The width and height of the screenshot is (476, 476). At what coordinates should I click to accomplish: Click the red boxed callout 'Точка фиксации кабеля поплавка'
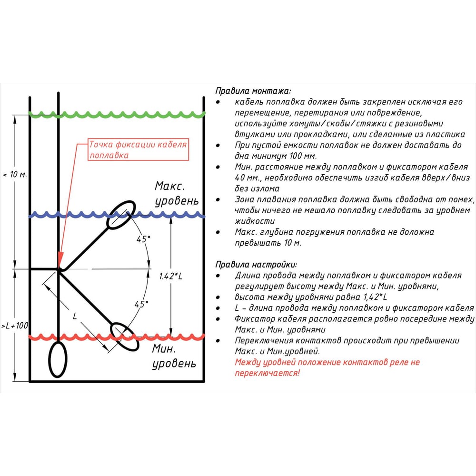[x=138, y=149]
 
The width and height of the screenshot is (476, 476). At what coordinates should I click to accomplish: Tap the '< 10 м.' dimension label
[x=15, y=175]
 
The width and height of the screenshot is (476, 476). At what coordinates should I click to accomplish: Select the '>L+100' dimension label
[x=15, y=326]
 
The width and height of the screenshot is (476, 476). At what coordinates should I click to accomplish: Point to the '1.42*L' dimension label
[x=170, y=276]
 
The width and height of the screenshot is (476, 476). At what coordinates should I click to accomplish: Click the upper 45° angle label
[x=143, y=239]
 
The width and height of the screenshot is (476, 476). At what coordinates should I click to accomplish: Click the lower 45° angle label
[x=141, y=304]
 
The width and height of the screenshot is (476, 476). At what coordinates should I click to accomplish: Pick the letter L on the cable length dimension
[x=75, y=316]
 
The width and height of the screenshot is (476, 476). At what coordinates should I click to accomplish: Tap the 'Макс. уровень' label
[x=177, y=193]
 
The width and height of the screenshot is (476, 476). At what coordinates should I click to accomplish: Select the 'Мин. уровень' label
[x=174, y=356]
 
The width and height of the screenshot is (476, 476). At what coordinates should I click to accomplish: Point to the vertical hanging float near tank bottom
[x=49, y=359]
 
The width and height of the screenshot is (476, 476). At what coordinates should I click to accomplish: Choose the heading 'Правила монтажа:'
[x=253, y=91]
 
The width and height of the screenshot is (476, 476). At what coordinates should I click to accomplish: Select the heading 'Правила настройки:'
[x=256, y=264]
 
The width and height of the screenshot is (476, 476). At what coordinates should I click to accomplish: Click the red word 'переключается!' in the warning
[x=267, y=373]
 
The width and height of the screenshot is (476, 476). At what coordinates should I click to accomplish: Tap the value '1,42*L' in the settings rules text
[x=375, y=297]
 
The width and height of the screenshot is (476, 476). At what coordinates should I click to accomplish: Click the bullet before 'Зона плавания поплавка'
[x=218, y=200]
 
